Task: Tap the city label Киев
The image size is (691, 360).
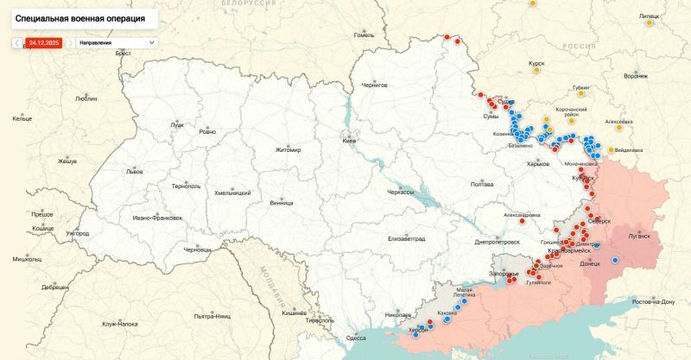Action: click(x=350, y=141)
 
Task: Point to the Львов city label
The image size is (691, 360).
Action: click(x=134, y=172)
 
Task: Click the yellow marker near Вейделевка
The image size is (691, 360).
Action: click(x=612, y=149)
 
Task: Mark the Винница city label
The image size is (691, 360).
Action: click(x=281, y=203)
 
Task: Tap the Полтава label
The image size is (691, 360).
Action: click(x=481, y=185)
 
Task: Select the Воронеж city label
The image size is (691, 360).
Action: click(x=636, y=76)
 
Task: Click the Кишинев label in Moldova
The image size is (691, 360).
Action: click(x=295, y=313)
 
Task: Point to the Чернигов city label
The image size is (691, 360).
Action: click(x=374, y=85)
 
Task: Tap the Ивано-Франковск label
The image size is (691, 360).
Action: click(x=157, y=218)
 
